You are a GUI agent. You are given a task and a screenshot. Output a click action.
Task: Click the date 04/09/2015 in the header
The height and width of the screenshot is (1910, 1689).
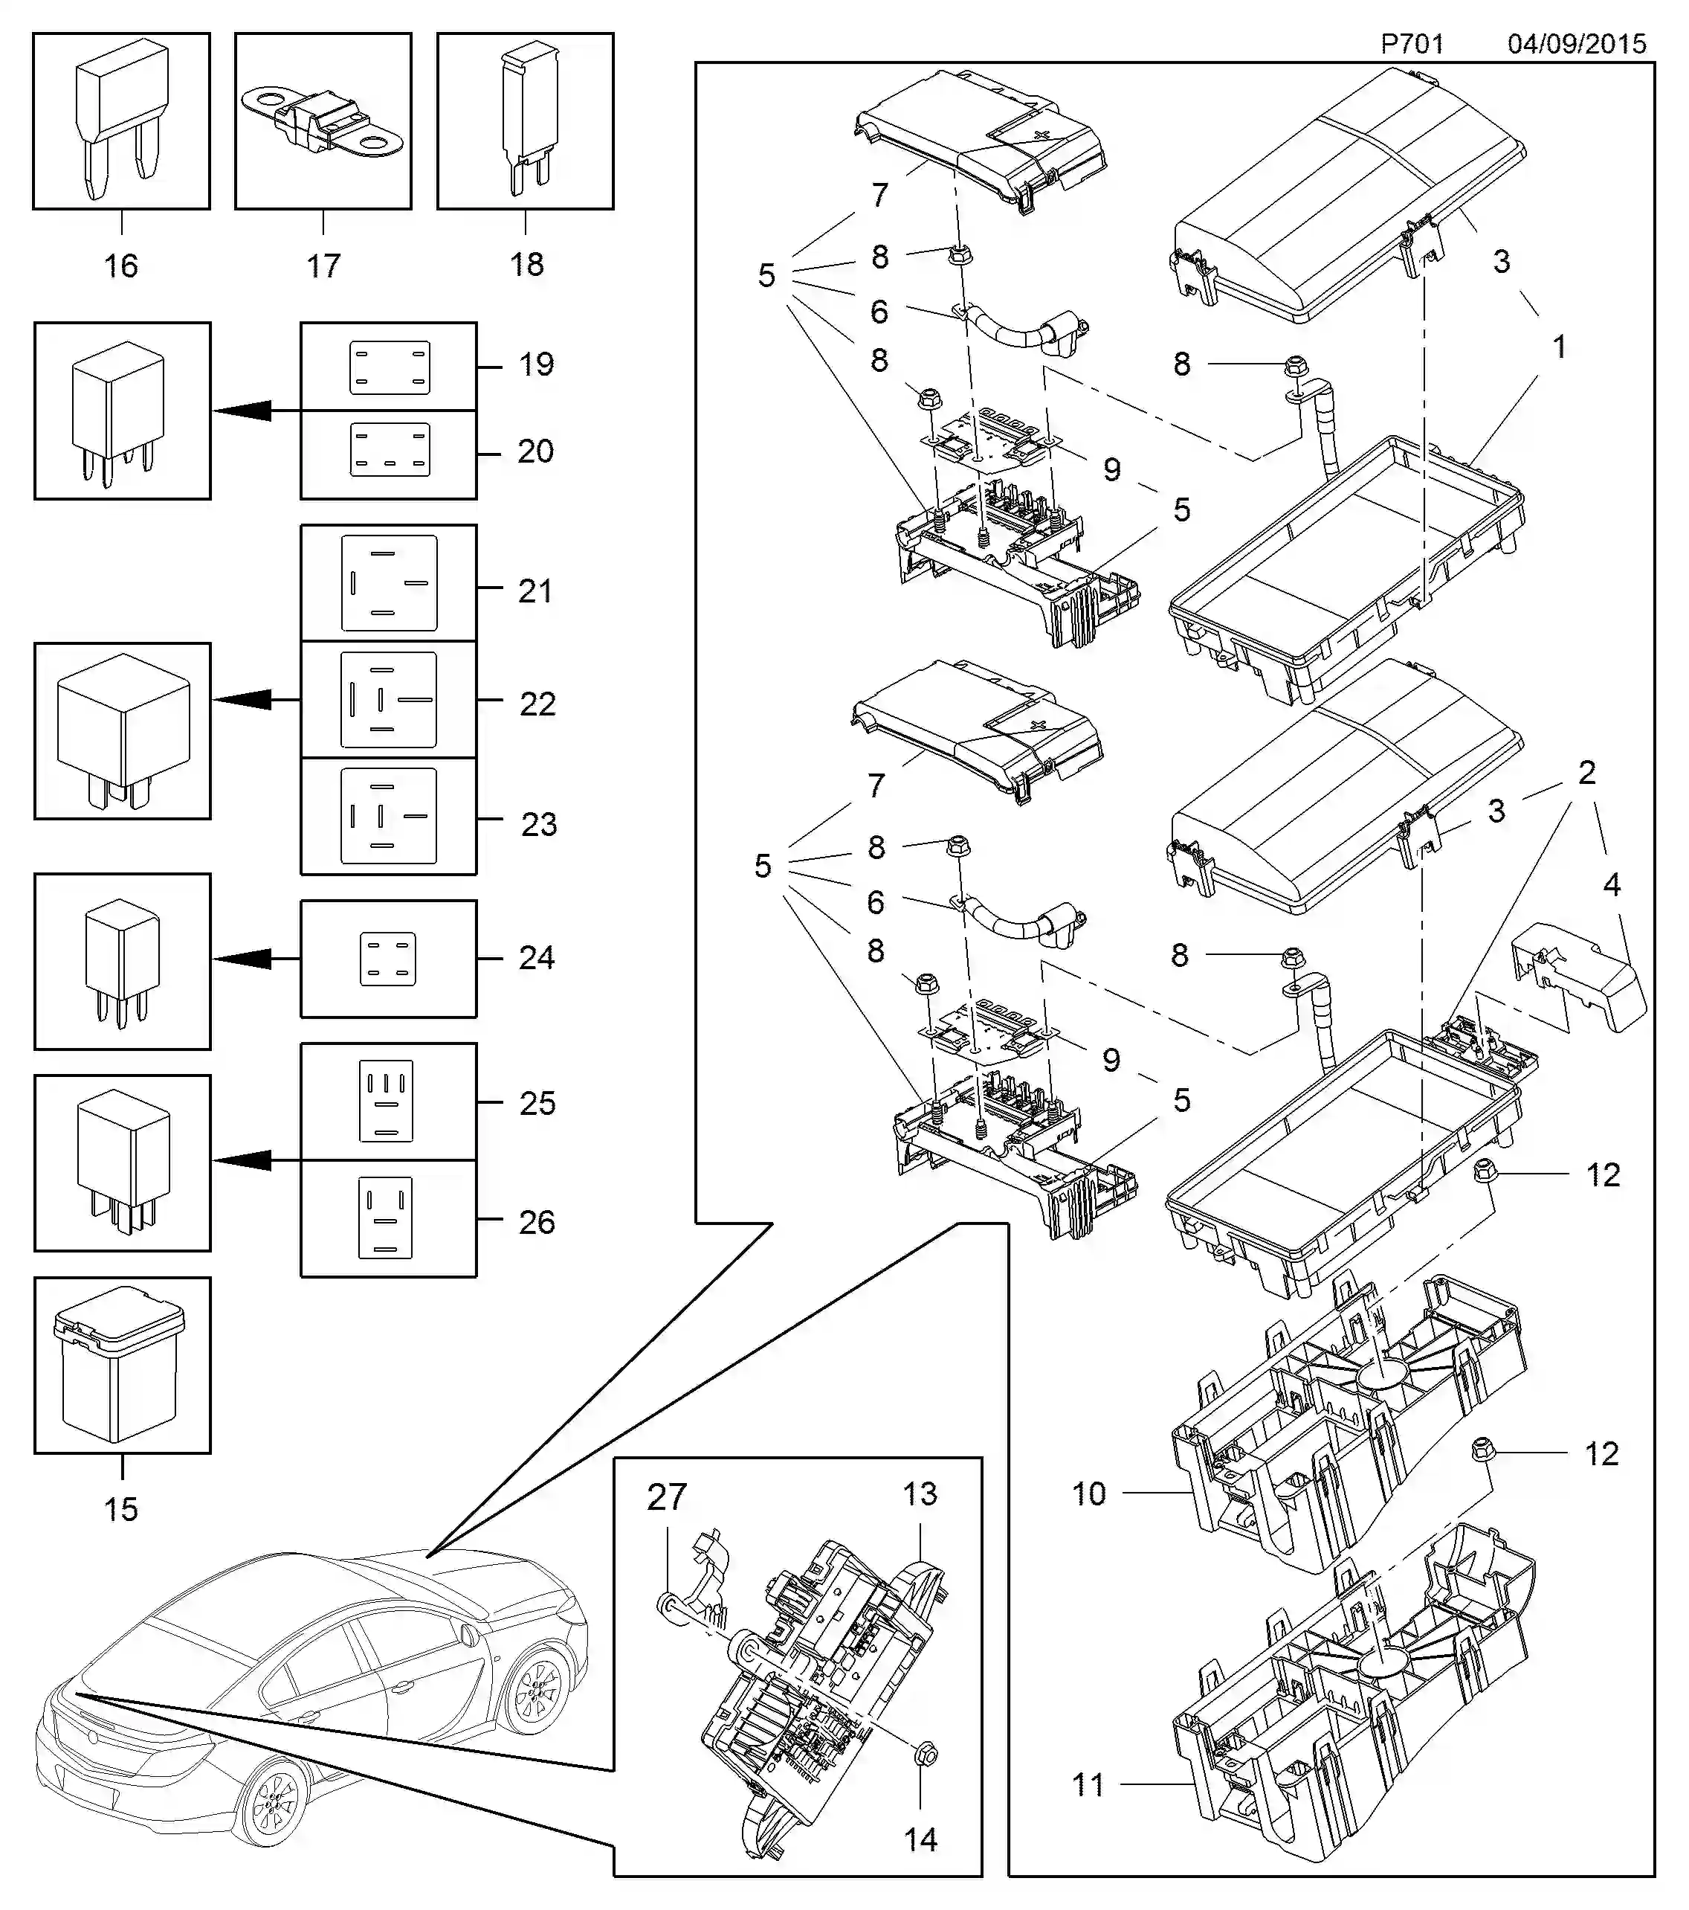coord(1576,44)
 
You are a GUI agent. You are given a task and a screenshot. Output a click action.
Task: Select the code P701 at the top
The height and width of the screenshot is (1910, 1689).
coord(1412,44)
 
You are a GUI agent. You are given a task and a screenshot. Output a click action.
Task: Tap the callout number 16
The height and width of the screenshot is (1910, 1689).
coord(120,266)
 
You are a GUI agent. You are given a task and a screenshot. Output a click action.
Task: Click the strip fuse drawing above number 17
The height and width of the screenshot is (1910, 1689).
coord(323,121)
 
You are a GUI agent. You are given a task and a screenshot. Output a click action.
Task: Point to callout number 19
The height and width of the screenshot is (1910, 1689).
coord(536,364)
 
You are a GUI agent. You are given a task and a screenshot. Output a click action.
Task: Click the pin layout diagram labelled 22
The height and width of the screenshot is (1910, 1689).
coord(389,700)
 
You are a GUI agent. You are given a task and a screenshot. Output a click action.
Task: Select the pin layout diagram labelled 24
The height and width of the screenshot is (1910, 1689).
coord(388,959)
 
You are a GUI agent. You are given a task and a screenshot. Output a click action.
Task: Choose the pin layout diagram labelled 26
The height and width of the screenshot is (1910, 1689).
coord(385,1218)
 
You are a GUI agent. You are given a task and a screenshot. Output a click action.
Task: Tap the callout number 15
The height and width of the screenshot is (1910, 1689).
coord(120,1508)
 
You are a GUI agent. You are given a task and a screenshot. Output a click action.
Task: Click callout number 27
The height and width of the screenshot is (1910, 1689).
coord(667,1497)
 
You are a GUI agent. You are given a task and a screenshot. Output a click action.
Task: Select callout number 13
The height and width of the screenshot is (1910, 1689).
coord(920,1493)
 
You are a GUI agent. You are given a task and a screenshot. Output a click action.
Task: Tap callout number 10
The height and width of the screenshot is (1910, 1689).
coord(1089,1493)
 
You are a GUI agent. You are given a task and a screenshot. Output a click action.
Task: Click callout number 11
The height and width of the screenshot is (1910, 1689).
coord(1088,1785)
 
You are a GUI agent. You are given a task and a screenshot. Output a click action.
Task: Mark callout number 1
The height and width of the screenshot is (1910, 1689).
coord(1559,347)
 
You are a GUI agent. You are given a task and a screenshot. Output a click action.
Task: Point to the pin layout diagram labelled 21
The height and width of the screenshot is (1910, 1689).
coord(389,583)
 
